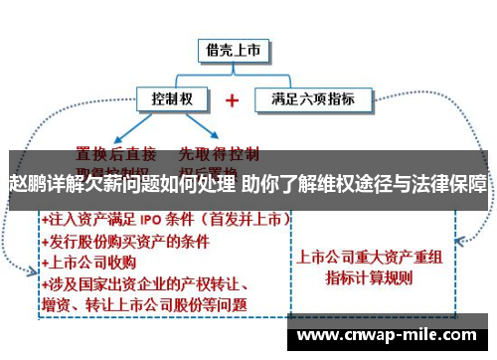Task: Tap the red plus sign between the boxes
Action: (x=233, y=100)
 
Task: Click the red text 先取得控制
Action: (x=218, y=153)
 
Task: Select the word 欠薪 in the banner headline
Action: (x=100, y=185)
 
